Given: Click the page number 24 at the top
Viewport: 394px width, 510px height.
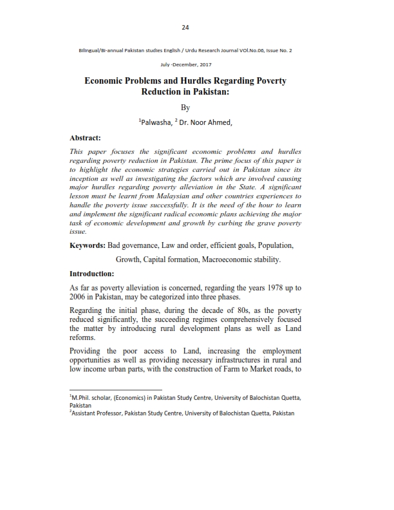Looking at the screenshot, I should pos(185,27).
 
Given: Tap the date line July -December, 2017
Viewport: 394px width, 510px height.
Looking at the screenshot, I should pos(185,65).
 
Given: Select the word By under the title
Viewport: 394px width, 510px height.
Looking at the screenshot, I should pos(185,108).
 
